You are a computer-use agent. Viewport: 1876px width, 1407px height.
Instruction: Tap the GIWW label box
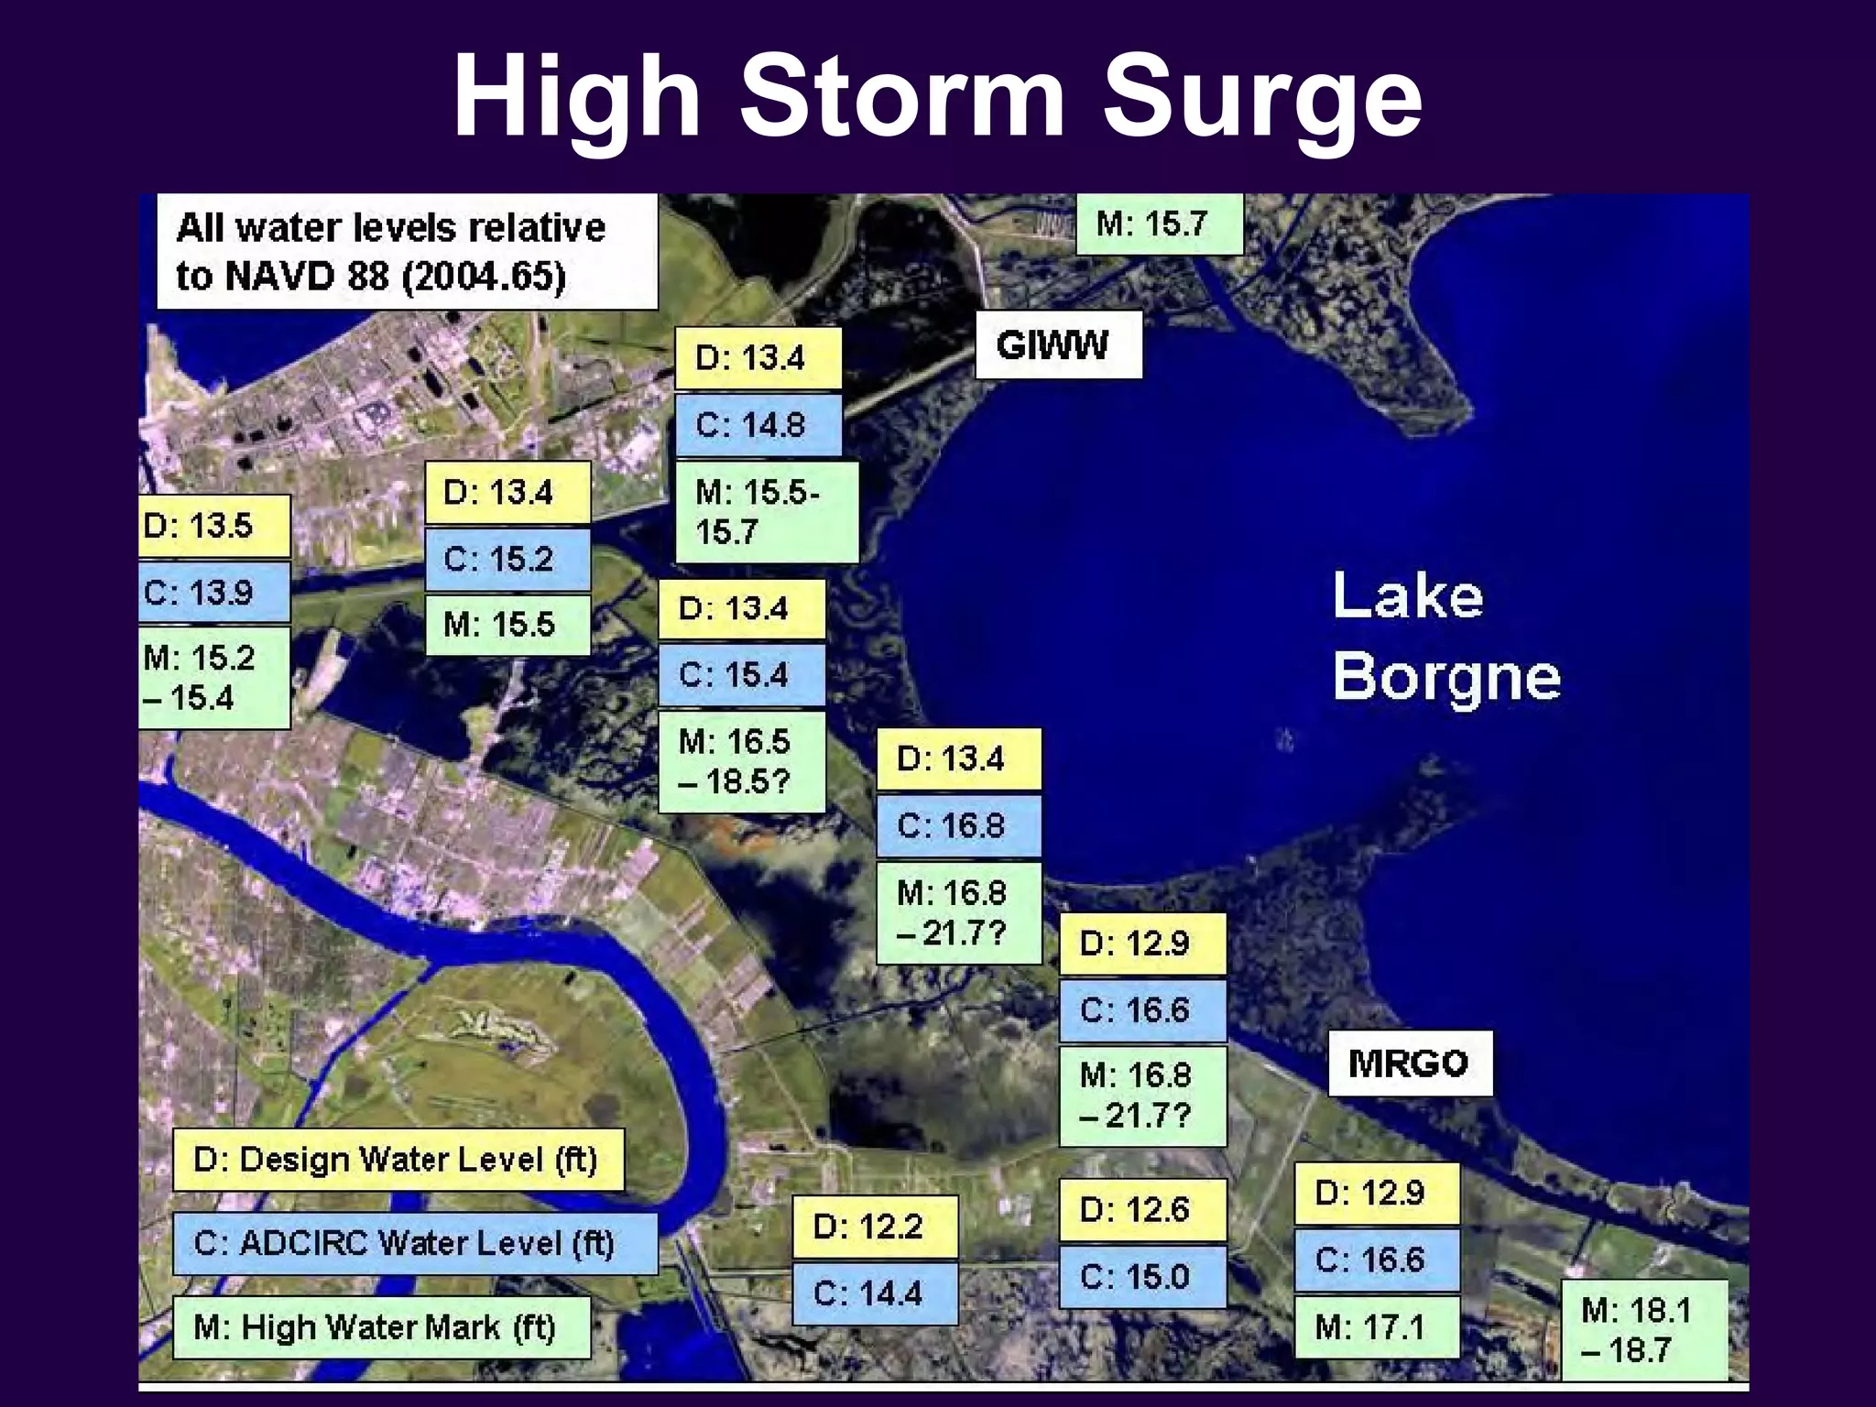coord(1058,345)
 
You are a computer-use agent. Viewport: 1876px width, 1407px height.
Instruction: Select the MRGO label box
coord(1409,1063)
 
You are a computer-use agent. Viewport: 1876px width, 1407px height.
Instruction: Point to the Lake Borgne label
coord(1445,636)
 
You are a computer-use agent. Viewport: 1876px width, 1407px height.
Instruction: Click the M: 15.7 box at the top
coord(1158,224)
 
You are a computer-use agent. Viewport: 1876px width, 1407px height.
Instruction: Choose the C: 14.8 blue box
coord(758,425)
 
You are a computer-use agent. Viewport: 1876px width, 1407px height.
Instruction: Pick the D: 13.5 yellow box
coord(213,526)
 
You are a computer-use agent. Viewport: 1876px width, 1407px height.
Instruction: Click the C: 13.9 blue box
coord(213,593)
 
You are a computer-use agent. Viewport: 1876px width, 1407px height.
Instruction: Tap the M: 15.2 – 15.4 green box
coord(213,678)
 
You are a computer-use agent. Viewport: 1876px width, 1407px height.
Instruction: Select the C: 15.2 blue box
coord(507,559)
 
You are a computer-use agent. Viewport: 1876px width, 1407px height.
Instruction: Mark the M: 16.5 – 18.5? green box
coord(741,761)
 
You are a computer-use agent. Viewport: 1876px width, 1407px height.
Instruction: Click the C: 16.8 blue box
coord(958,826)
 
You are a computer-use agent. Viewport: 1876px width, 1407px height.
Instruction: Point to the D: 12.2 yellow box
coord(874,1227)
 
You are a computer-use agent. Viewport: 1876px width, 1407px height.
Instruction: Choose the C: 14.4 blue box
coord(874,1293)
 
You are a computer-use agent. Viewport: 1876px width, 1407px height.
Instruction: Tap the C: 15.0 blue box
coord(1141,1276)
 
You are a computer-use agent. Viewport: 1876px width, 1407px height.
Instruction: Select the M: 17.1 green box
coord(1376,1326)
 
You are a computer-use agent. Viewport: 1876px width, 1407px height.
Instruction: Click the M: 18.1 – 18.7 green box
coord(1643,1330)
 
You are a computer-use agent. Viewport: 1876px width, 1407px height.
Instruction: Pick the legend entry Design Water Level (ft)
coord(398,1160)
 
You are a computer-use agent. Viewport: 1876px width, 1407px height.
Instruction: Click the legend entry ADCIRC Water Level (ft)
coord(414,1243)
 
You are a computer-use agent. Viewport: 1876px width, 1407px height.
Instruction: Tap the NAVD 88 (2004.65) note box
coord(407,252)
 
